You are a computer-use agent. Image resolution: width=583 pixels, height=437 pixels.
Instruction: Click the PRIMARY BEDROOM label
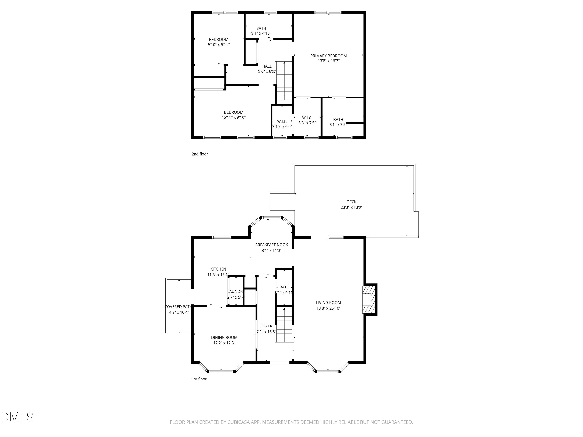pyautogui.click(x=328, y=56)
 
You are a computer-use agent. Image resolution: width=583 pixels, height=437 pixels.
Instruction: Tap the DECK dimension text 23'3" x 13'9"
pyautogui.click(x=351, y=207)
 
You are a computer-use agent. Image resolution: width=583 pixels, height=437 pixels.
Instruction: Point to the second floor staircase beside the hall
pyautogui.click(x=284, y=83)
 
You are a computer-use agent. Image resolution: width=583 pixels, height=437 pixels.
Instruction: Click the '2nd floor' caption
pyautogui.click(x=200, y=154)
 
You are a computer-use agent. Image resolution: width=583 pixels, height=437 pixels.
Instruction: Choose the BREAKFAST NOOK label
pyautogui.click(x=271, y=245)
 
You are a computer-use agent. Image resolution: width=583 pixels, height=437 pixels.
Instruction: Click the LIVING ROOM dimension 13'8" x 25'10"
pyautogui.click(x=328, y=308)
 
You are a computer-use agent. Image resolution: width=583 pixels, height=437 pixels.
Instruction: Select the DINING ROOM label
pyautogui.click(x=224, y=337)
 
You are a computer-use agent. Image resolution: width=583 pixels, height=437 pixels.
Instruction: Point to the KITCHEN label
pyautogui.click(x=218, y=269)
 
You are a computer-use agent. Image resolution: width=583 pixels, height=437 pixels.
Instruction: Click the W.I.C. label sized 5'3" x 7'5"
pyautogui.click(x=307, y=118)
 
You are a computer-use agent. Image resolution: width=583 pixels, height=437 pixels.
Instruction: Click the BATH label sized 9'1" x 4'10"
pyautogui.click(x=261, y=28)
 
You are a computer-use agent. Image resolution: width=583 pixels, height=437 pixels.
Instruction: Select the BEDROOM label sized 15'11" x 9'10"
pyautogui.click(x=234, y=112)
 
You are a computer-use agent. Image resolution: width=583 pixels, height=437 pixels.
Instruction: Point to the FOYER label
pyautogui.click(x=266, y=326)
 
